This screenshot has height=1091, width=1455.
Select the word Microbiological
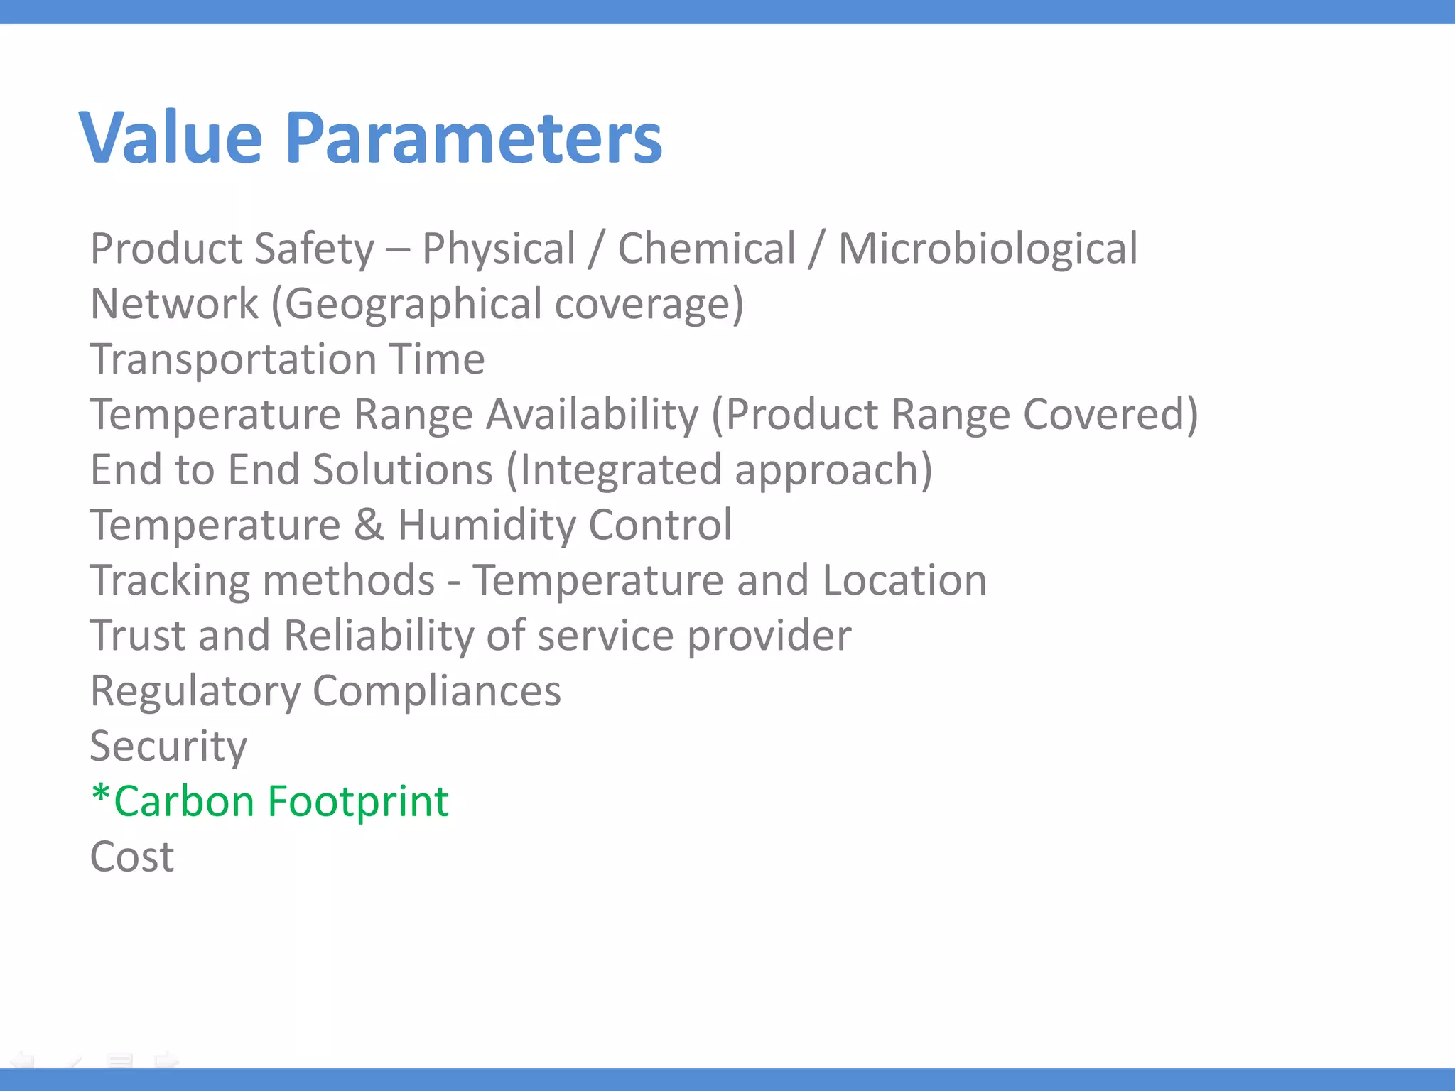(988, 249)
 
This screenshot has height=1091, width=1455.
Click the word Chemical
(706, 249)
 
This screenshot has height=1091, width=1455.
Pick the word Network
(174, 304)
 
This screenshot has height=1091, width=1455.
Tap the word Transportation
(232, 359)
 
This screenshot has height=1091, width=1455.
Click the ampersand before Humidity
(369, 525)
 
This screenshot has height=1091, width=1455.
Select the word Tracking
(169, 581)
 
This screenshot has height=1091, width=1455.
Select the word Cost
(132, 857)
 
